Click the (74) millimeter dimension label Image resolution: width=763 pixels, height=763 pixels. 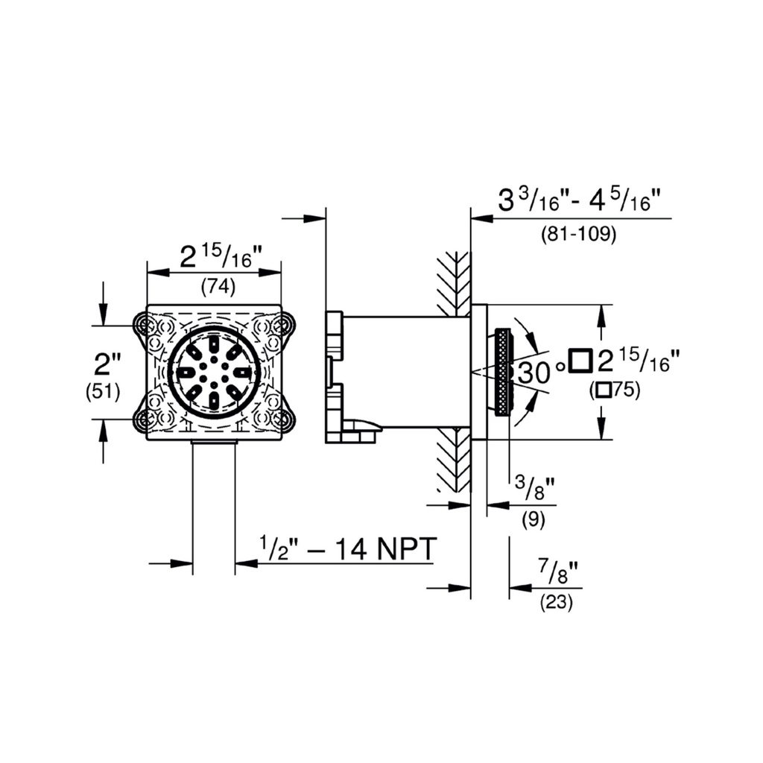[218, 287]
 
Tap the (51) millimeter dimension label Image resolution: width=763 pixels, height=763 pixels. [103, 392]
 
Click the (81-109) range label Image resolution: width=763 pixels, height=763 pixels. [578, 234]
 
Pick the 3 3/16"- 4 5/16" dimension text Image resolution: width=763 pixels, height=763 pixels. [579, 200]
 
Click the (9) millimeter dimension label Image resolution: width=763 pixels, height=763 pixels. [534, 519]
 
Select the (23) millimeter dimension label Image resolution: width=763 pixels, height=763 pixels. [556, 603]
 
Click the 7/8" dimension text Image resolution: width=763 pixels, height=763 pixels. [558, 572]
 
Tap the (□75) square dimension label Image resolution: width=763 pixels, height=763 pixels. [615, 390]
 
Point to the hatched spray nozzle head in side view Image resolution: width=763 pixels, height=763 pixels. [503, 373]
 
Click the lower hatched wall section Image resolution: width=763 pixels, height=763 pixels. [455, 459]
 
